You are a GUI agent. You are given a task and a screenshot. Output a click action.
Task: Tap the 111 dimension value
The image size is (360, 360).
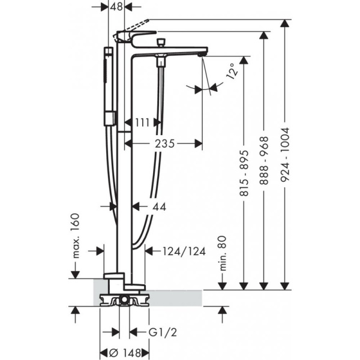(x=143, y=122)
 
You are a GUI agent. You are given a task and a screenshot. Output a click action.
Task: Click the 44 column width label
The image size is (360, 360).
(x=158, y=206)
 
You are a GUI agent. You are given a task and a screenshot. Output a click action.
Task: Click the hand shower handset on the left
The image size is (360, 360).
(x=108, y=84)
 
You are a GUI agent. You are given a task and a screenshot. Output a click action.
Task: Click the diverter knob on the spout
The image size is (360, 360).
(x=160, y=43)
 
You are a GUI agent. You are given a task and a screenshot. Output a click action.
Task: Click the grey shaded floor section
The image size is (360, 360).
(x=180, y=296)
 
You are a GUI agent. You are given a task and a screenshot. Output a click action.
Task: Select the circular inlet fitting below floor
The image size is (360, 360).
(x=123, y=299)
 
